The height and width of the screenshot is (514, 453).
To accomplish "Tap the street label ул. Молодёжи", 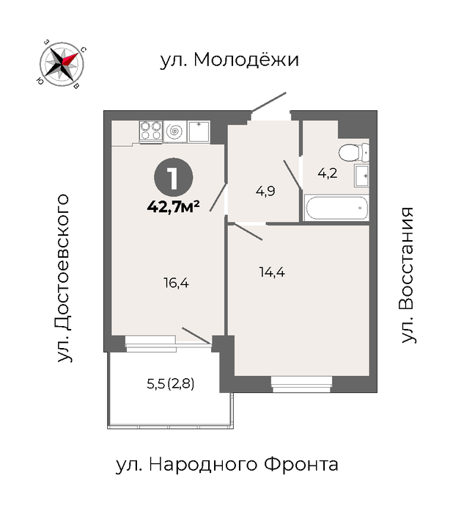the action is tap(229, 59).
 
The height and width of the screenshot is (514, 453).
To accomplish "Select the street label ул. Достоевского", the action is tap(63, 278).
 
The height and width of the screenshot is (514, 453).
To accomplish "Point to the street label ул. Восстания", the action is tap(408, 275).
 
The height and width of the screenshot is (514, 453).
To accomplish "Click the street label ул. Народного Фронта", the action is tap(227, 465).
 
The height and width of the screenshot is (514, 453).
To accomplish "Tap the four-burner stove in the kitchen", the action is tap(151, 131).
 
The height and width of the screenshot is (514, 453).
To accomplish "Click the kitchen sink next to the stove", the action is tap(199, 131).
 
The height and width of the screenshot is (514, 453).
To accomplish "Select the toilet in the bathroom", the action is tap(354, 153).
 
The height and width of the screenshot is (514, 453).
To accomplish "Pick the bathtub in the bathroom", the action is tap(336, 208).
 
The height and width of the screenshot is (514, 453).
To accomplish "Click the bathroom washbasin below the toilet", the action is tap(361, 175).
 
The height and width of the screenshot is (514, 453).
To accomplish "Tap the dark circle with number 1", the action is tap(174, 178).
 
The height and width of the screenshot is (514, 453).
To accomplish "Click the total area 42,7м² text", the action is tap(174, 207).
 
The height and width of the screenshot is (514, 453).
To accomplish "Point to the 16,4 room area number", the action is tap(177, 283).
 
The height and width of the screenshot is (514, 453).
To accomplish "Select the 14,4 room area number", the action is tap(272, 272).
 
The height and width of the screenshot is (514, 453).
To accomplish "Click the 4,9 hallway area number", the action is tap(265, 191).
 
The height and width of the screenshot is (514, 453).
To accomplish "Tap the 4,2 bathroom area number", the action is tap(328, 173).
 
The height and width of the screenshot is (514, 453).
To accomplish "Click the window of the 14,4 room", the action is tap(301, 384).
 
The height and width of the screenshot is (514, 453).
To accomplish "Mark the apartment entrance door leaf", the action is tap(269, 101).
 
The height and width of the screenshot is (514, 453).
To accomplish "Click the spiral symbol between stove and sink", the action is tap(175, 131).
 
